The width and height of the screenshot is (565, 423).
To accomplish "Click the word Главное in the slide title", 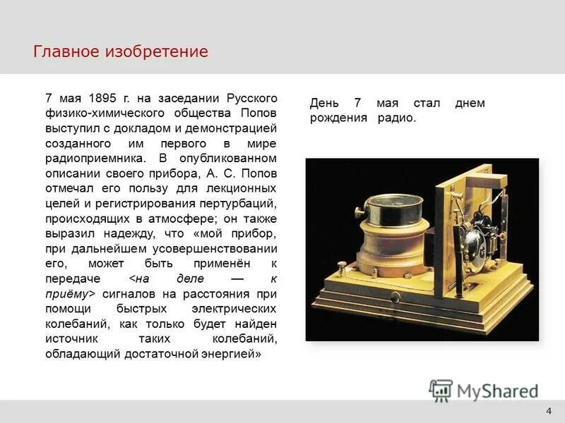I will click(x=67, y=51).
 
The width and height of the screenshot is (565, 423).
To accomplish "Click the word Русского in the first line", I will click(x=252, y=98).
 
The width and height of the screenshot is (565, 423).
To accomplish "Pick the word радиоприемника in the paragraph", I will click(x=90, y=159).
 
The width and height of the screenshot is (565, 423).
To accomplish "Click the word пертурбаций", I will click(x=243, y=190).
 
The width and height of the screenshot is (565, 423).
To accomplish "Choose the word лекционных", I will click(x=244, y=175).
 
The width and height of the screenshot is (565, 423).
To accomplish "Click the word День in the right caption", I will click(x=326, y=103).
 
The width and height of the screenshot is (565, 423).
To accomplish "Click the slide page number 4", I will click(x=549, y=412).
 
